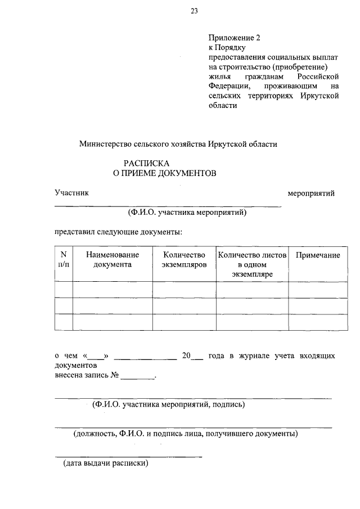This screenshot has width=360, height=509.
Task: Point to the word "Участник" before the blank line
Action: pos(71,193)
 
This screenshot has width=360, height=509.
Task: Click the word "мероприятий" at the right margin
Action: pos(311,193)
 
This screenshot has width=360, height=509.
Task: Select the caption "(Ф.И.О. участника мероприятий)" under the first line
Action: pos(187,213)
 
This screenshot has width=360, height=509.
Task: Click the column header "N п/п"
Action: pos(64,259)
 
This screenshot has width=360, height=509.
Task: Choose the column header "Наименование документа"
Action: pos(112,259)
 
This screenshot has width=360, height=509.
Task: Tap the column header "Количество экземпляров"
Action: pos(184,259)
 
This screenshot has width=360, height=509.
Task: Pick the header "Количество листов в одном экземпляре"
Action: pos(251,264)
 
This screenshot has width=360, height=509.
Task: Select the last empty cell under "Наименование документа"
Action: pos(112,322)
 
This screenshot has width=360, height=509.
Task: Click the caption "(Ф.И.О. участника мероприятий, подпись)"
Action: pos(168,404)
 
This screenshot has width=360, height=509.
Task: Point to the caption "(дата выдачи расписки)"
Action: pos(106,464)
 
